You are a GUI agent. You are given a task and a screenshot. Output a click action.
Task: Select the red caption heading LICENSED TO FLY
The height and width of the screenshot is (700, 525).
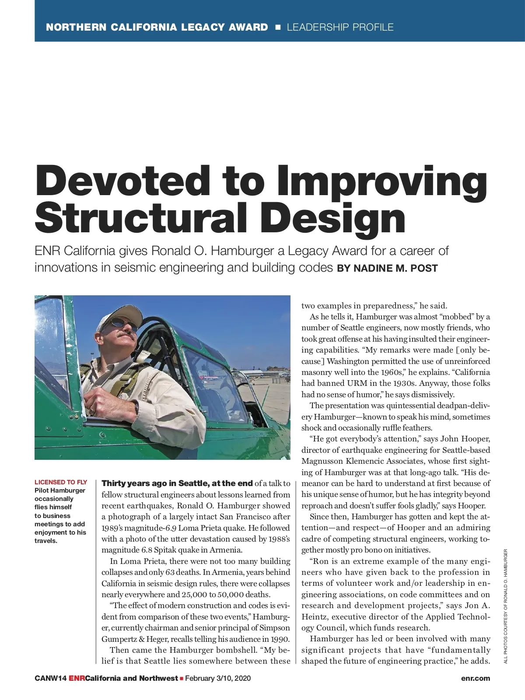click(x=61, y=482)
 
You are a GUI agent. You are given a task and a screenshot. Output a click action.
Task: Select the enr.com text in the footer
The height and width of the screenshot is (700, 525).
click(x=476, y=678)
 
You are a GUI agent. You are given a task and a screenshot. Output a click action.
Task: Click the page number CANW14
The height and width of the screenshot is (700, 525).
click(x=50, y=678)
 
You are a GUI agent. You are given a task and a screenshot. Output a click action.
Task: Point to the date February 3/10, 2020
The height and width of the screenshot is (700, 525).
click(x=218, y=678)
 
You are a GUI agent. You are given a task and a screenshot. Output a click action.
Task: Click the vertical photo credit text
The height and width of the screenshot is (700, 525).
click(x=505, y=606)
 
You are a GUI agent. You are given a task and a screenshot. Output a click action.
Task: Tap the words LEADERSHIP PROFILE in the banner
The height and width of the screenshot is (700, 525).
click(x=340, y=27)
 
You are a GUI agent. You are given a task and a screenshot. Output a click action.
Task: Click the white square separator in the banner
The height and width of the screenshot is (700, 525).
click(x=277, y=28)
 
